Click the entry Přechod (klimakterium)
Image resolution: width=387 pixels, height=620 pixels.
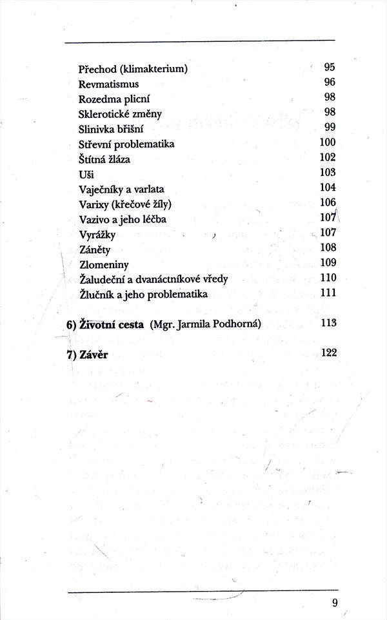(x=133, y=69)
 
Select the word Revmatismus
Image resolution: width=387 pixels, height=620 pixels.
(x=108, y=84)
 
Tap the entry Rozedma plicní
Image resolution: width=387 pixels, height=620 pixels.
(x=113, y=99)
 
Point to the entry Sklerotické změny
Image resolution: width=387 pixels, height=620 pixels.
(x=119, y=113)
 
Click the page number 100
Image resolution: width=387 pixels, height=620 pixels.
(x=328, y=142)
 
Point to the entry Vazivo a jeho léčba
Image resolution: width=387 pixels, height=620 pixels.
(x=123, y=219)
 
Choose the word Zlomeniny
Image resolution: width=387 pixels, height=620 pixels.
(x=104, y=264)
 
